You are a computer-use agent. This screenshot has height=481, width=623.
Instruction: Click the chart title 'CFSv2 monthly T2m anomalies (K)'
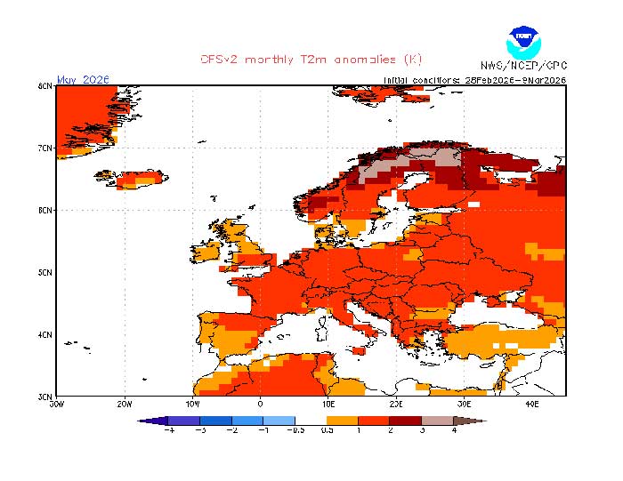click(311, 60)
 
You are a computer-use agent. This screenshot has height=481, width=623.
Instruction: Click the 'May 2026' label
click(83, 79)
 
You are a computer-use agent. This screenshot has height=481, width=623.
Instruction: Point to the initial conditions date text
click(474, 79)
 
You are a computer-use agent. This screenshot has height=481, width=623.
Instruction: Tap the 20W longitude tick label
click(125, 404)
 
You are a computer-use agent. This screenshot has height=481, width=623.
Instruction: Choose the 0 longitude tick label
click(260, 404)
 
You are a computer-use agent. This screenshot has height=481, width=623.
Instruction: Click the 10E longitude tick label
click(328, 404)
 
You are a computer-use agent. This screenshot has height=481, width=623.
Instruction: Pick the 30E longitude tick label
click(464, 404)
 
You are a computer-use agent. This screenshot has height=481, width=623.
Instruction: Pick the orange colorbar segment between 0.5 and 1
click(343, 420)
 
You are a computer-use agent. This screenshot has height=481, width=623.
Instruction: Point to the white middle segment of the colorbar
click(311, 420)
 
